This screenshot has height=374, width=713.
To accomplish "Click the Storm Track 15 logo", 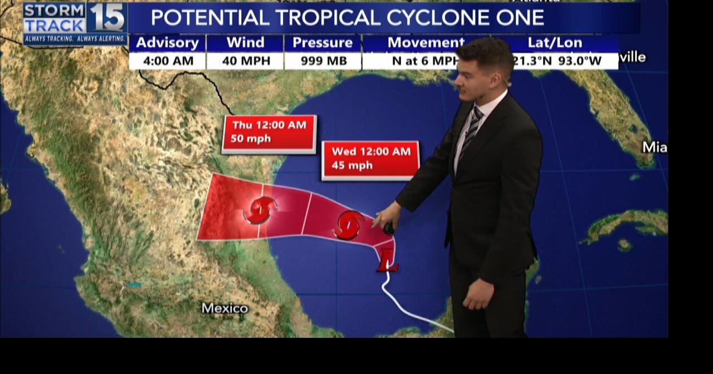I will tap(74, 22).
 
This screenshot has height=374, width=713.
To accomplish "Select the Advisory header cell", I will tap(167, 43).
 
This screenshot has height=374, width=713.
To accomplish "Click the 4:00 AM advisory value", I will tap(167, 61).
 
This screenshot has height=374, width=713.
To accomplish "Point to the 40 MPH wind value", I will tap(245, 61).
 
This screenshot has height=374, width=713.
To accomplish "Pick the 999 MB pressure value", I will tap(323, 61).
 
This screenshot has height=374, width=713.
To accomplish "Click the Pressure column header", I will tap(323, 43).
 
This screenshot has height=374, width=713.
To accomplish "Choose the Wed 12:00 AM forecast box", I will tap(370, 159).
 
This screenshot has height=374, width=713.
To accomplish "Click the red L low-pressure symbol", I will tap(387, 260).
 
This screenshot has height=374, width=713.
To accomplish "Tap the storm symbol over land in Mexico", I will tap(260, 210).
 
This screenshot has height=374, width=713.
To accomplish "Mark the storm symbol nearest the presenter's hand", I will tap(348, 225).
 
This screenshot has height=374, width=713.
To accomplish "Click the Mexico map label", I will tap(224, 308).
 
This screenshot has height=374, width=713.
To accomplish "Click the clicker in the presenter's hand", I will tap(388, 228).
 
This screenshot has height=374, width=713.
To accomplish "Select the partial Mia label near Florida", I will tap(655, 147).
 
